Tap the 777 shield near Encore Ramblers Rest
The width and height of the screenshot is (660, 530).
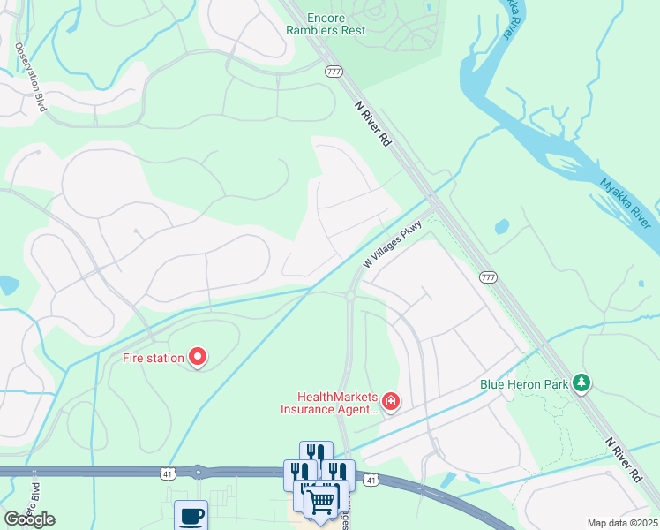click(x=334, y=72)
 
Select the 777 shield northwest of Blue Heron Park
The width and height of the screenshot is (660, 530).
click(x=488, y=277)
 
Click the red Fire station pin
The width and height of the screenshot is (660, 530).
click(x=198, y=357)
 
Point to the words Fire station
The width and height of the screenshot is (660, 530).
click(x=153, y=358)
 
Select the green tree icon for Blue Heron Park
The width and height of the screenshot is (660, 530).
click(x=581, y=383)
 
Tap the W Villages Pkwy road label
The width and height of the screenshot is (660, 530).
click(x=394, y=246)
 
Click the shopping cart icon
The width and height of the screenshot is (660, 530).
click(x=322, y=502)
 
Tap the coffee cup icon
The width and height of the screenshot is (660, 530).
click(x=191, y=514)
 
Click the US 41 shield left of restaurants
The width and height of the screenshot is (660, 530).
click(x=167, y=474)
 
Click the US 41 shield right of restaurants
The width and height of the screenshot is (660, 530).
click(x=371, y=481)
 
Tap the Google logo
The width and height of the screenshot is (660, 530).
click(x=30, y=519)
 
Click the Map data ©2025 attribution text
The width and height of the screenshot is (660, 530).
click(x=622, y=523)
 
